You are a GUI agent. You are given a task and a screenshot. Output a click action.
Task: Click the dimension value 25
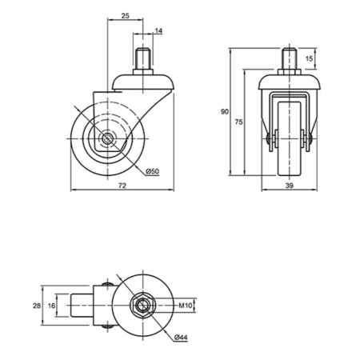coord(126,16)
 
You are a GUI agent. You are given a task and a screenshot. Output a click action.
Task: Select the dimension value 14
coord(158,31)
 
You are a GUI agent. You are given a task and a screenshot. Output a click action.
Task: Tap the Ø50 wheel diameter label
coord(153,171)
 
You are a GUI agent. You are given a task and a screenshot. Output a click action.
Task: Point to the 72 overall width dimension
coord(122,186)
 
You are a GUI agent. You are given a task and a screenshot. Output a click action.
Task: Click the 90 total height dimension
coord(225,111)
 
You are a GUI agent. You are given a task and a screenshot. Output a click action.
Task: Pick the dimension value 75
coord(238,122)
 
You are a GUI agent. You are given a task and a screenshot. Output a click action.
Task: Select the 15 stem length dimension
coord(309,58)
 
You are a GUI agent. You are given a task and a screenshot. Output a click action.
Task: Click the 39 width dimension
coord(290,186)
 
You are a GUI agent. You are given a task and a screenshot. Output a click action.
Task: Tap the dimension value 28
coord(37,306)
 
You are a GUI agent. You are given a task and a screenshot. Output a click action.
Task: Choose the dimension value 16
coord(52,306)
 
